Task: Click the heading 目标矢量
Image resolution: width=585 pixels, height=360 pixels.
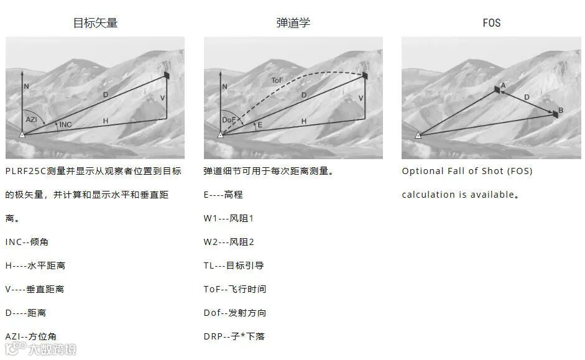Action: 95,23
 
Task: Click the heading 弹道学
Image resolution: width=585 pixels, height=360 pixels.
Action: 293,23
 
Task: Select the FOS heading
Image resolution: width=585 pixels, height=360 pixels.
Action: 491,23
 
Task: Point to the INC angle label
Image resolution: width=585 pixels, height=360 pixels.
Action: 65,125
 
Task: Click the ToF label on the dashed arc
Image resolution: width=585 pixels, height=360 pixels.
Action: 277,81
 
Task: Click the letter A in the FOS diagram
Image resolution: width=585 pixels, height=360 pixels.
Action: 503,85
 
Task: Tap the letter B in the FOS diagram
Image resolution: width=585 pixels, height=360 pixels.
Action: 561,111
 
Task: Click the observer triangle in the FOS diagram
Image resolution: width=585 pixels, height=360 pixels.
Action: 418,134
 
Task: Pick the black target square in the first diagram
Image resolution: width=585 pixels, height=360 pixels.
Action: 167,75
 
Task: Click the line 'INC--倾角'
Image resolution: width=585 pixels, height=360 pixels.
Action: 35,242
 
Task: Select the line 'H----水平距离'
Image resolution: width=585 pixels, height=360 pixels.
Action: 35,265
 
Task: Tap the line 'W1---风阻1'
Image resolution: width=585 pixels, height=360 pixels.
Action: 229,218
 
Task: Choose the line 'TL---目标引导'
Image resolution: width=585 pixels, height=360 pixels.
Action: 234,265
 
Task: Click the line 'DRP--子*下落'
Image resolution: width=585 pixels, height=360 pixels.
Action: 234,336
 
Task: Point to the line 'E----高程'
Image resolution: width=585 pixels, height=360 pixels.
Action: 223,195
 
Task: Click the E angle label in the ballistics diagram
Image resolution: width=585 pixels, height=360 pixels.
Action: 260,125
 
